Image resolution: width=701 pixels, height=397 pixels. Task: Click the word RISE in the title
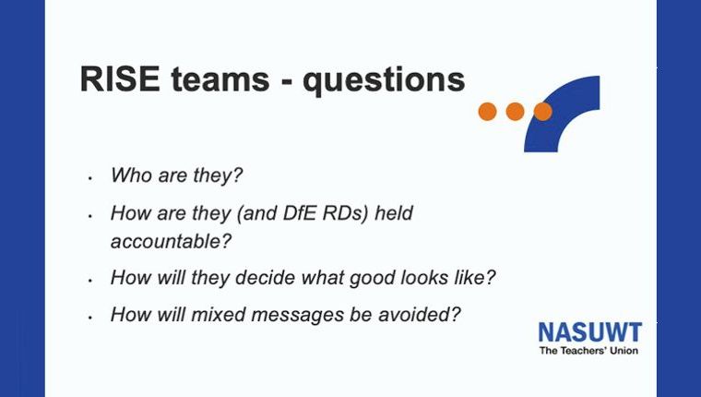tap(120, 79)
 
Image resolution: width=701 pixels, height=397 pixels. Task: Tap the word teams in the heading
tap(220, 79)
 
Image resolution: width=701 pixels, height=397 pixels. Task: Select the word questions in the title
tap(384, 81)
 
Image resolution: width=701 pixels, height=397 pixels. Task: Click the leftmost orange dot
tap(487, 112)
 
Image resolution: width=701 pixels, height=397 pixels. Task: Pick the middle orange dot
tap(515, 112)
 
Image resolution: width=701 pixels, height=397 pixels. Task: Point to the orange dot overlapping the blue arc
tap(542, 112)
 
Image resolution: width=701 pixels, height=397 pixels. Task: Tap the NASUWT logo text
tap(589, 332)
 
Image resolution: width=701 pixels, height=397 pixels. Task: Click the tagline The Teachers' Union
tap(588, 351)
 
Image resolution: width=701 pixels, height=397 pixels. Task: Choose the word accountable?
tap(172, 242)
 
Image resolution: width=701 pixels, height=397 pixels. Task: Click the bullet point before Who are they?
tap(90, 177)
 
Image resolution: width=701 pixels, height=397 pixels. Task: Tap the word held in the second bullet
tap(394, 213)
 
